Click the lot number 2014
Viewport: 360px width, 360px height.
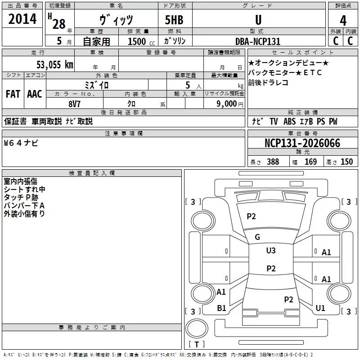22,19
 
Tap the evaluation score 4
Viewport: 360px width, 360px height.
343,20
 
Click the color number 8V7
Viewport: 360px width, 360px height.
75,104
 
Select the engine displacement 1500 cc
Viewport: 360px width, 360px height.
138,41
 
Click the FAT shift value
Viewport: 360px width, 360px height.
13,94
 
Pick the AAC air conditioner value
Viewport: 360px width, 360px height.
34,94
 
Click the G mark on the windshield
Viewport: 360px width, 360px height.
257,237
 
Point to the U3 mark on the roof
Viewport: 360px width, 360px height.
270,251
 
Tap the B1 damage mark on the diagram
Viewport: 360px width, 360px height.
221,308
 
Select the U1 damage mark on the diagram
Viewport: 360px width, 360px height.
320,308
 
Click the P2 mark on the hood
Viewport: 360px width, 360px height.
251,216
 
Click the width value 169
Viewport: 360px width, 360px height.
310,162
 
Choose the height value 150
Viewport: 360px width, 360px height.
346,162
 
